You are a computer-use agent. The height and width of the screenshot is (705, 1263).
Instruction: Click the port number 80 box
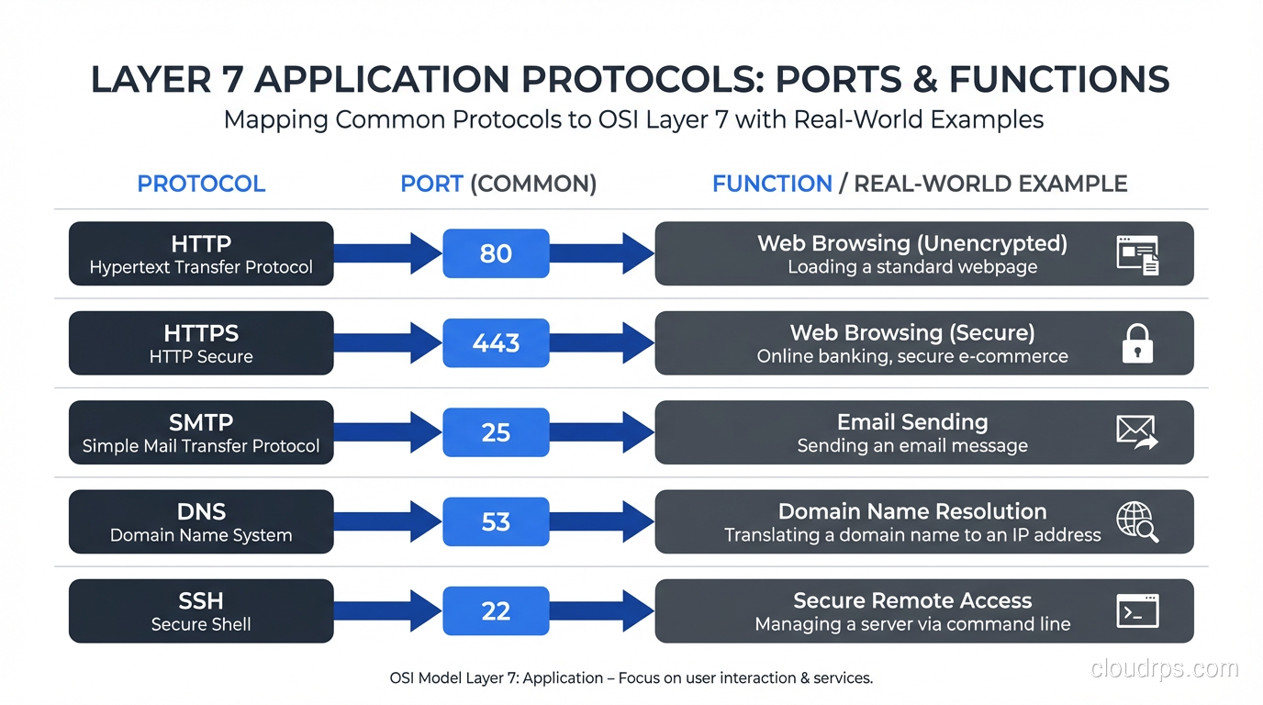coord(496,253)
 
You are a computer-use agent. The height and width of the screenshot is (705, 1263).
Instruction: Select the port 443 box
coord(496,342)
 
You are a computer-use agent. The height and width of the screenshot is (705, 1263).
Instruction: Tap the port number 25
coord(496,432)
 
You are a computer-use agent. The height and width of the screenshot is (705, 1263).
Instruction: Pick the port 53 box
coord(496,521)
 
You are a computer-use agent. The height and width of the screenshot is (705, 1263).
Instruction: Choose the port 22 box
coord(496,611)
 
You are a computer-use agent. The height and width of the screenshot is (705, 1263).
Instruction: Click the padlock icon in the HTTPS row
coord(1137,343)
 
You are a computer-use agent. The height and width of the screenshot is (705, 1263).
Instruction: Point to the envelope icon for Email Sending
coord(1137,431)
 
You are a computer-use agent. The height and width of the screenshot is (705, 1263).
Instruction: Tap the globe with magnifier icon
coord(1137,521)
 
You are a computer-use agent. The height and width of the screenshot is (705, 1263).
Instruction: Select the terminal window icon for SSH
coord(1137,610)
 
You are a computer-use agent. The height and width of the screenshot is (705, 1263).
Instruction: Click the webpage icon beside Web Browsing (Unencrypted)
coord(1137,254)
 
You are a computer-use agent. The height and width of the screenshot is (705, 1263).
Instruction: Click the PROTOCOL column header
coord(201,184)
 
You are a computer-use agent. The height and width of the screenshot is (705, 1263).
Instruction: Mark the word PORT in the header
coord(431,184)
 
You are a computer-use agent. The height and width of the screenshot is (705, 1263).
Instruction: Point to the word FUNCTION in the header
coord(772,184)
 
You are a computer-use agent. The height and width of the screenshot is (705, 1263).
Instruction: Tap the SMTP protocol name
coord(201,422)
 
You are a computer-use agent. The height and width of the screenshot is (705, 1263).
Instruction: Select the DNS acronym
coord(201,511)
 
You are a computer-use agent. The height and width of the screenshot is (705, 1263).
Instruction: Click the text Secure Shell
coord(201,625)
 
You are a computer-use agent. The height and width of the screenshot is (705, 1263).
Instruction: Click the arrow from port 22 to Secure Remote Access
coord(601,611)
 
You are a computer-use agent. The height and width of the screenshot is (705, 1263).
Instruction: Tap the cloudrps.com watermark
coord(1164,668)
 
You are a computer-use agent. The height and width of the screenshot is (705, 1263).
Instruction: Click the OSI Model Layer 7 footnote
coord(631,678)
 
